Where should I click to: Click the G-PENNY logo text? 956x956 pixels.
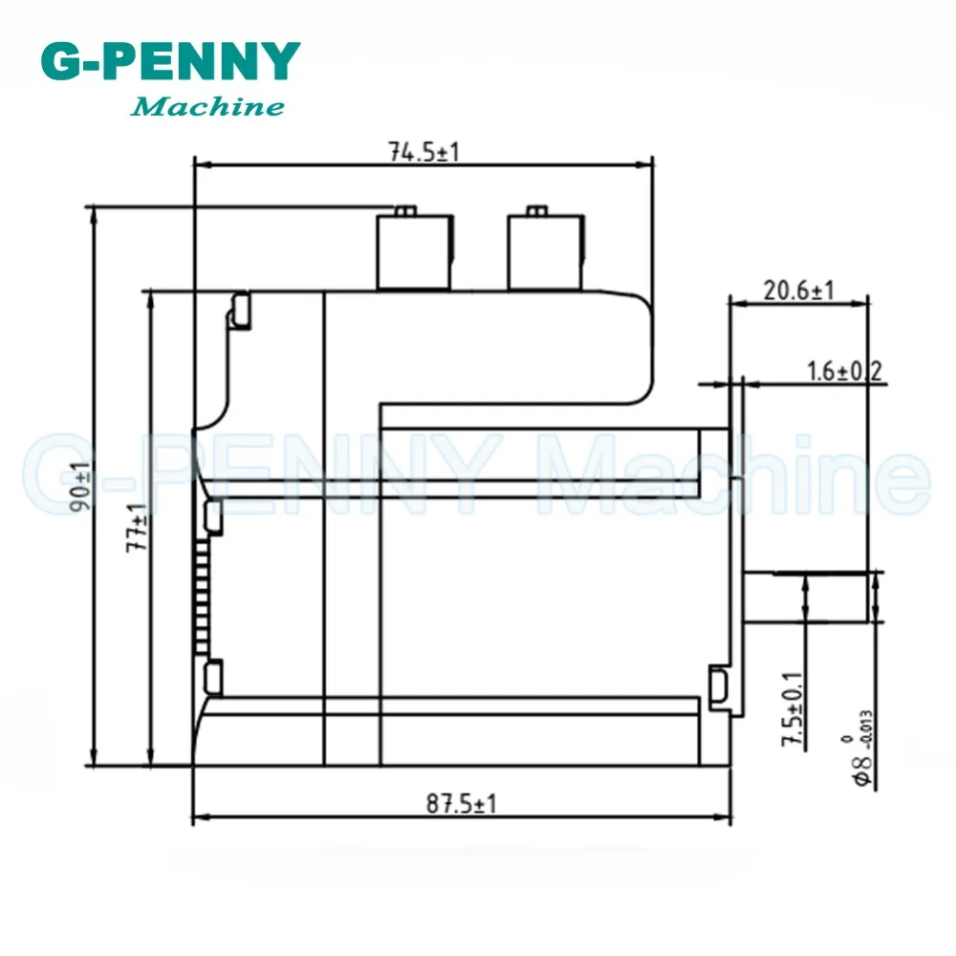[171, 61]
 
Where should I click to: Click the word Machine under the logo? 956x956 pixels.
[207, 107]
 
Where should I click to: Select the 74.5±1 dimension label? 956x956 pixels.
[424, 152]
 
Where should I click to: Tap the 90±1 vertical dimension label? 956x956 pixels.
[80, 487]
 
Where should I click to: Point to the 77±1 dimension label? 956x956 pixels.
[137, 528]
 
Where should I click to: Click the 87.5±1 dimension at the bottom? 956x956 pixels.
[462, 804]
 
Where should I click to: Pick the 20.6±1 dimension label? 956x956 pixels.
[798, 291]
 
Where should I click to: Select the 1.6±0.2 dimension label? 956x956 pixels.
[844, 371]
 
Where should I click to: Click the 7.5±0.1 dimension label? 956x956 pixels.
[793, 709]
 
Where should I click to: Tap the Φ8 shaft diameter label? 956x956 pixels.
[862, 749]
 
